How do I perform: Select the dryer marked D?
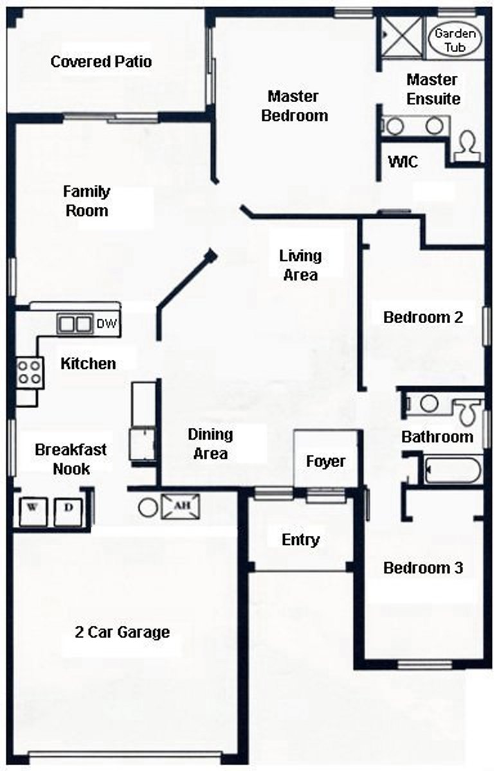68,510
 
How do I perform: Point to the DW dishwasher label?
107,324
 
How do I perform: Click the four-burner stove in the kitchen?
30,372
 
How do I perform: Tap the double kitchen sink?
75,324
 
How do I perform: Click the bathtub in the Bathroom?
453,470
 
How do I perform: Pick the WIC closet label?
403,162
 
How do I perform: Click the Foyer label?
325,461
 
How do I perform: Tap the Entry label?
300,540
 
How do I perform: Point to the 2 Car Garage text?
122,632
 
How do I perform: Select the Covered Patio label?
101,62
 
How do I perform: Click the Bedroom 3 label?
422,568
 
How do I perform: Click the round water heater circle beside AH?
147,506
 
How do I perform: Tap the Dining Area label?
210,444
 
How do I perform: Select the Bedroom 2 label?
423,317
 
